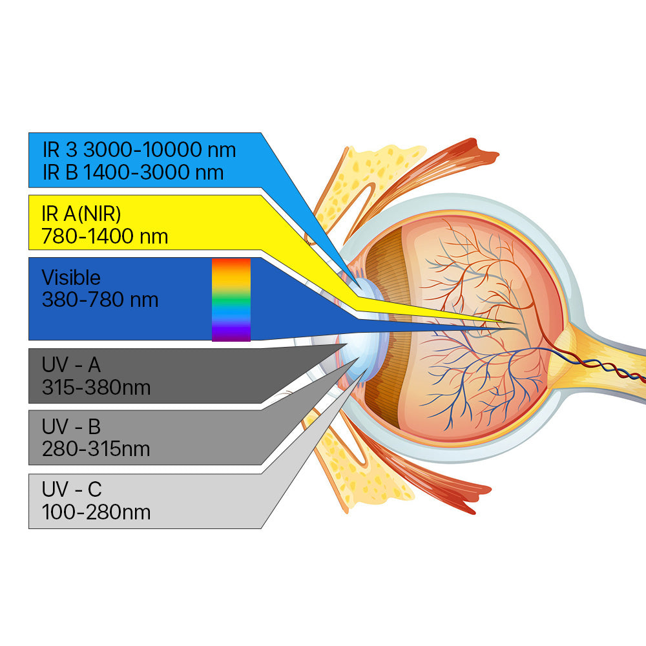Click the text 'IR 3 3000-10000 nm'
click(x=140, y=150)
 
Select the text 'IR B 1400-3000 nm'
click(x=133, y=172)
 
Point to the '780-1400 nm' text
click(x=105, y=236)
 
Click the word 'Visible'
click(x=71, y=277)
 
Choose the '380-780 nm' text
click(x=100, y=300)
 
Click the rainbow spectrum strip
click(x=231, y=300)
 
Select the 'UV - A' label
click(x=71, y=364)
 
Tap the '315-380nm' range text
click(x=96, y=387)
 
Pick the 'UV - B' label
click(x=71, y=426)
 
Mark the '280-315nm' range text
click(x=96, y=449)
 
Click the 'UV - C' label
click(x=72, y=490)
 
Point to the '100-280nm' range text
click(x=96, y=512)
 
